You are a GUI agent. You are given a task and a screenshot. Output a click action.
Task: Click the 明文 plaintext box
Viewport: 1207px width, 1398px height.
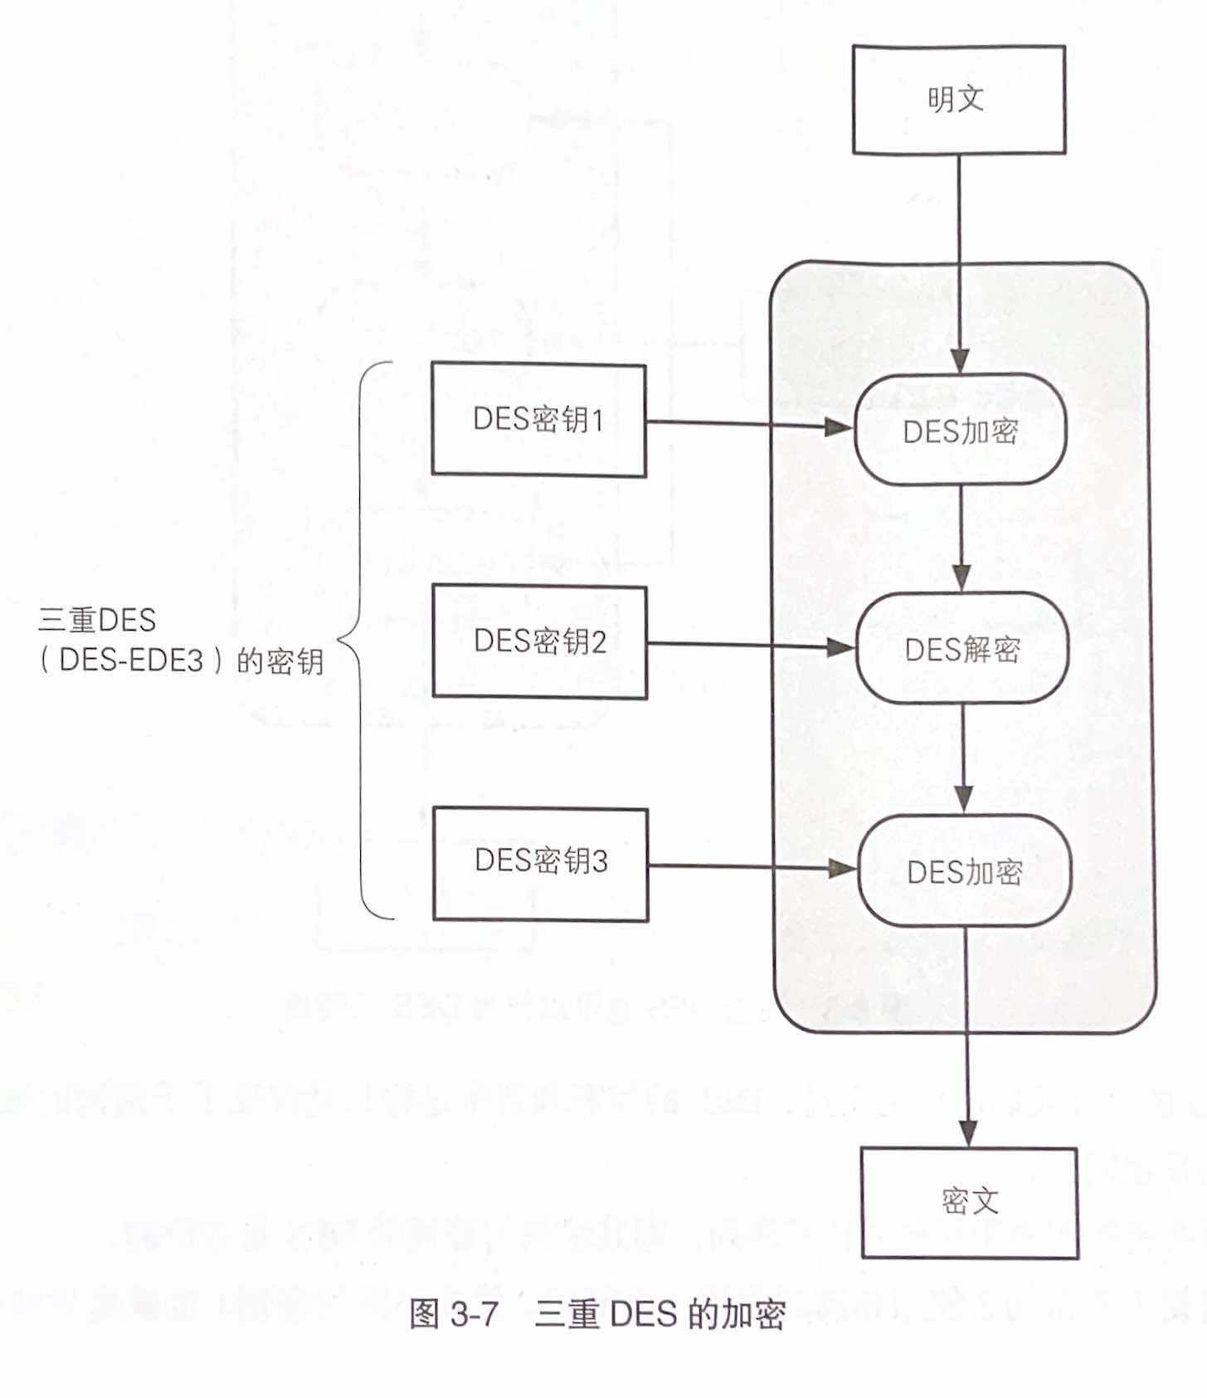click(958, 100)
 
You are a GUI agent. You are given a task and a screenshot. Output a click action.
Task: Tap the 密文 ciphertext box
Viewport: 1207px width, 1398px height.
click(969, 1202)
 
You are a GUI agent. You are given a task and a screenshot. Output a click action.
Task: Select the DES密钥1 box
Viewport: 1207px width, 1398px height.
click(538, 419)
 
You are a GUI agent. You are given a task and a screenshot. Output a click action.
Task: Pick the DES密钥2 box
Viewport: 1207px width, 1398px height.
click(539, 641)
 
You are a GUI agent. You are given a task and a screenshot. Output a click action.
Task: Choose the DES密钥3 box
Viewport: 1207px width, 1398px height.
click(540, 863)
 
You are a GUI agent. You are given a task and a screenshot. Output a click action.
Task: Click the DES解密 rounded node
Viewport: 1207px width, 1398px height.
click(961, 649)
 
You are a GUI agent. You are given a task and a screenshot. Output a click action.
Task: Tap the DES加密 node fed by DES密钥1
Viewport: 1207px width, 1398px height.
click(960, 431)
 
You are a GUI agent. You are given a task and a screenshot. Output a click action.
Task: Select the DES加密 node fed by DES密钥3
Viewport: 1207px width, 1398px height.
click(964, 871)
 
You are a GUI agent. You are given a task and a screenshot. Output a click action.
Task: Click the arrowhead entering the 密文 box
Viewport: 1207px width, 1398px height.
click(967, 1133)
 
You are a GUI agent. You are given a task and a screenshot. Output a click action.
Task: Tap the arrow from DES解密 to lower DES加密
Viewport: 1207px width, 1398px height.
click(962, 758)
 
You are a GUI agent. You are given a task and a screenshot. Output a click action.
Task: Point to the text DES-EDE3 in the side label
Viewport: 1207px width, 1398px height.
click(131, 660)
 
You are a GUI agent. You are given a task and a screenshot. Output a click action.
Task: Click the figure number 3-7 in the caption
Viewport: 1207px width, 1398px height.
click(475, 1313)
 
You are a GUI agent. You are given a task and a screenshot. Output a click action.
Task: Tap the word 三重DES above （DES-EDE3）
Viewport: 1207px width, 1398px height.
click(97, 620)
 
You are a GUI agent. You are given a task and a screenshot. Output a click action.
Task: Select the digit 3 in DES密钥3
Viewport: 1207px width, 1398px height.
click(599, 861)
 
